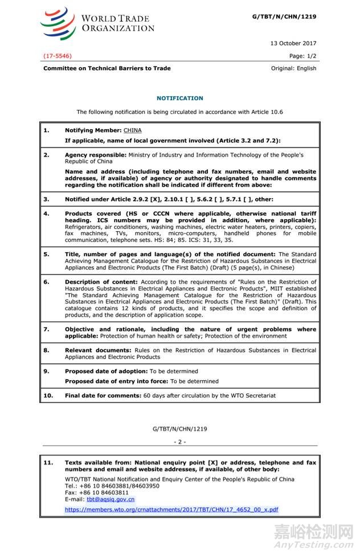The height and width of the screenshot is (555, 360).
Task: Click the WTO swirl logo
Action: click(57, 23)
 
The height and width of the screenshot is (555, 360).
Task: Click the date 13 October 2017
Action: click(294, 43)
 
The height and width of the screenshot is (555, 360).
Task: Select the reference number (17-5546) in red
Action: click(58, 56)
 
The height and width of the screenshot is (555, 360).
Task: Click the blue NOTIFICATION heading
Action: click(179, 98)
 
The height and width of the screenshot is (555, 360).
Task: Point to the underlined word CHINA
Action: click(132, 130)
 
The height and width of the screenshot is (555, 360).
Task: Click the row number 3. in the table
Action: click(47, 199)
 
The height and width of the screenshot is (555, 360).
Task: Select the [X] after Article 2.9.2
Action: click(158, 199)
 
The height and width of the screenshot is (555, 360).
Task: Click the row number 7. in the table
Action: click(47, 330)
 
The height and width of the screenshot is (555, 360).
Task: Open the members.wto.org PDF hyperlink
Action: click(171, 509)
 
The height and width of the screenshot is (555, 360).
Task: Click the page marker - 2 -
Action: click(179, 441)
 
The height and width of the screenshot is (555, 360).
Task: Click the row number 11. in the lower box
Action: click(48, 463)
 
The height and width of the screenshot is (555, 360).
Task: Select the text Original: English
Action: click(293, 68)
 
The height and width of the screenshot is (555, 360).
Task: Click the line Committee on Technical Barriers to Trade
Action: click(107, 68)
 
